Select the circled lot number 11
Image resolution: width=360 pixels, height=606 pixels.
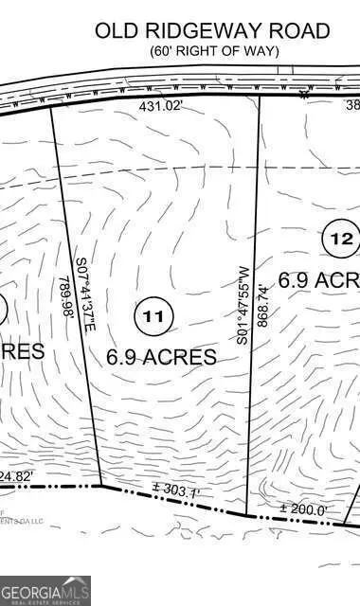click(153, 316)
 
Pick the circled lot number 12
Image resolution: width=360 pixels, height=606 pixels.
click(341, 239)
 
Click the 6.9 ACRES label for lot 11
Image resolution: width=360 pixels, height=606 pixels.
click(162, 357)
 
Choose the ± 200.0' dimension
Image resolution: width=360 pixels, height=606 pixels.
click(303, 510)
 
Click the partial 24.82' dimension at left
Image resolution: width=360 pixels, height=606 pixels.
click(16, 475)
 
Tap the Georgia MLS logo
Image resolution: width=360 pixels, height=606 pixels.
click(45, 589)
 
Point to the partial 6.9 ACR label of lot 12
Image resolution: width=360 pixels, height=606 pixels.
click(319, 280)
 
